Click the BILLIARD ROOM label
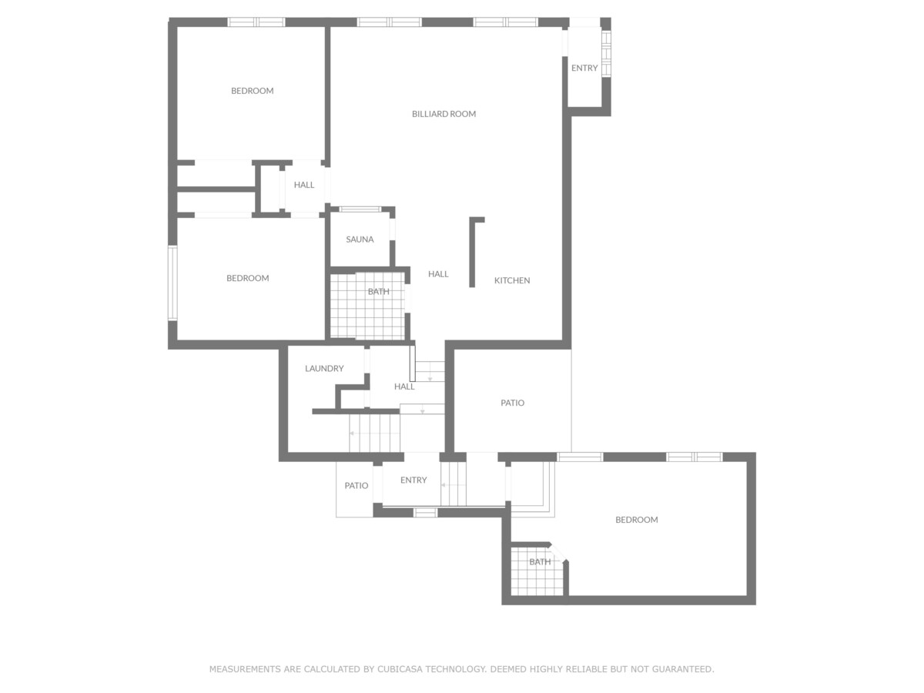click(x=444, y=114)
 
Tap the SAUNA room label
click(x=360, y=239)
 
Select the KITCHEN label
click(x=512, y=280)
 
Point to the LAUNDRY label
click(x=324, y=369)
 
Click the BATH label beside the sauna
click(x=378, y=292)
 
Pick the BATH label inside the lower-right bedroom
click(x=540, y=562)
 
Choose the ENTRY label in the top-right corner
click(x=584, y=69)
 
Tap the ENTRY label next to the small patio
click(x=413, y=480)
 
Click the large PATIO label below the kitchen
click(x=512, y=403)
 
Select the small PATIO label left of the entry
click(x=357, y=486)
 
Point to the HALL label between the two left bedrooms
click(x=304, y=185)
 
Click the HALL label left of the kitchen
click(x=438, y=274)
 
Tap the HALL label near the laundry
click(x=404, y=387)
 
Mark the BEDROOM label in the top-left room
click(x=252, y=91)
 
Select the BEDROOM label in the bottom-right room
click(x=637, y=520)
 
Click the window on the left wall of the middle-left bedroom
click(x=172, y=283)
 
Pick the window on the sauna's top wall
click(x=360, y=209)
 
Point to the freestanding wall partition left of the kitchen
click(x=472, y=253)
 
